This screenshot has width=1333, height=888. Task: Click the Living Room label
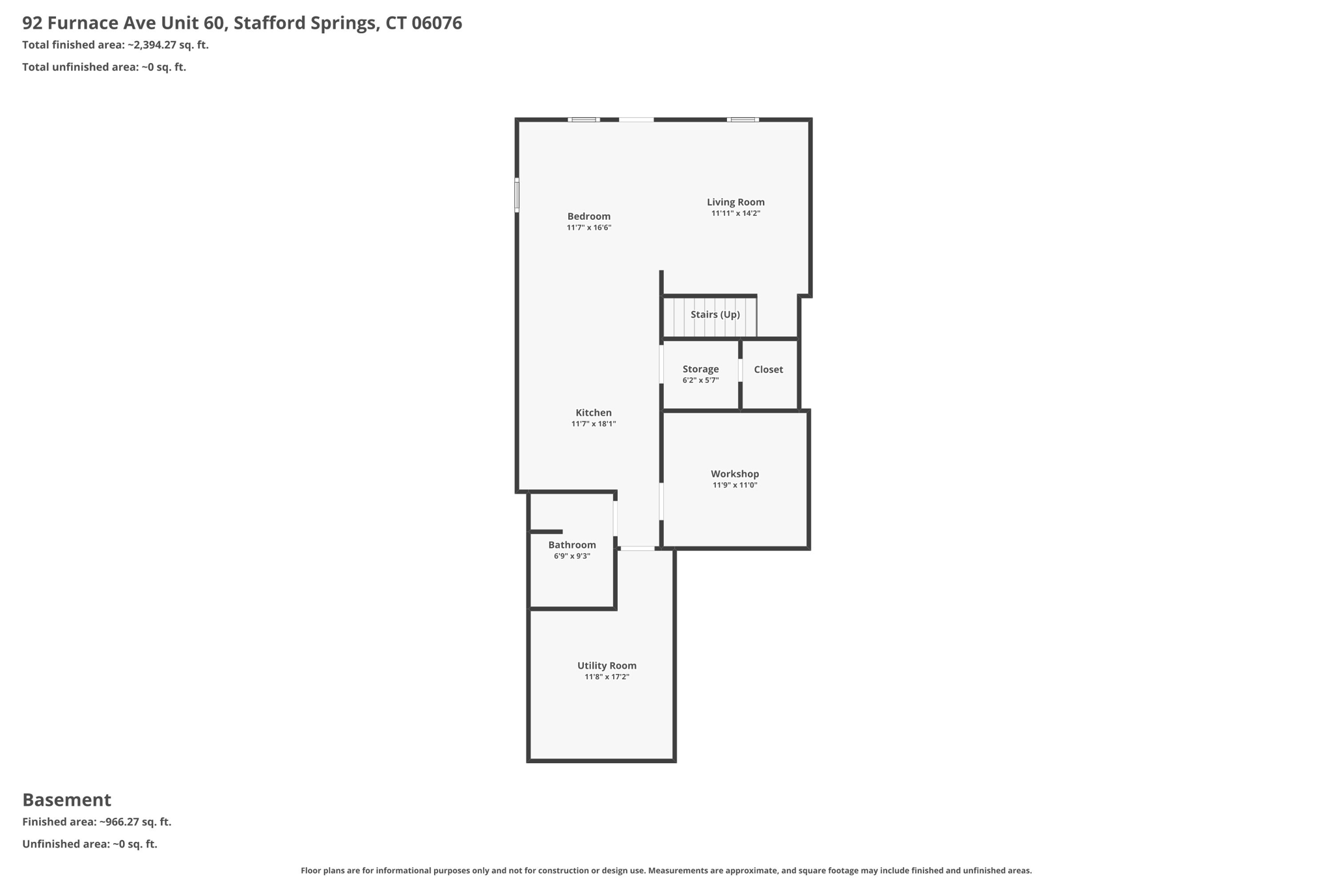(735, 202)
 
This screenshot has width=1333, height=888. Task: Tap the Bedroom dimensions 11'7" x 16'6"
(588, 228)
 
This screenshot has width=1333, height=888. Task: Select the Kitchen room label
(593, 412)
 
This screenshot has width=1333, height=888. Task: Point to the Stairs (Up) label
(715, 314)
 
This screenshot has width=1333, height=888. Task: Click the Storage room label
(700, 369)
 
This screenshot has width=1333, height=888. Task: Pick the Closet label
(768, 370)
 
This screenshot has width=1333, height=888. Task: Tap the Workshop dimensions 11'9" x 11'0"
(734, 485)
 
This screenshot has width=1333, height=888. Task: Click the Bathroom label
(571, 545)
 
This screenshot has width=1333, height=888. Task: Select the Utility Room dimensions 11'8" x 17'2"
(607, 677)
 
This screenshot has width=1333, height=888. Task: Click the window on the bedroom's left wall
(517, 195)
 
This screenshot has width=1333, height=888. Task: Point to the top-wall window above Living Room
(743, 120)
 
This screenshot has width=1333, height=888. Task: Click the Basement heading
(66, 800)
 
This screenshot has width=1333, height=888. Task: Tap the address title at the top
(242, 23)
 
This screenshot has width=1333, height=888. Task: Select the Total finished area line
(115, 45)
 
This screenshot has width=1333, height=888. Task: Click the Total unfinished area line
(104, 67)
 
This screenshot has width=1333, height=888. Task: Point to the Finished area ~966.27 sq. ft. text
(96, 822)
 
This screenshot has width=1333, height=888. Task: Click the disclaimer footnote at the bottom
(666, 870)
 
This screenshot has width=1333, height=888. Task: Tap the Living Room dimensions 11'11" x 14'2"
(735, 213)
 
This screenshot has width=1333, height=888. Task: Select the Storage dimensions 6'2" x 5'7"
(700, 381)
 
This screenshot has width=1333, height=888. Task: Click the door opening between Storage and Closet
(741, 370)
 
